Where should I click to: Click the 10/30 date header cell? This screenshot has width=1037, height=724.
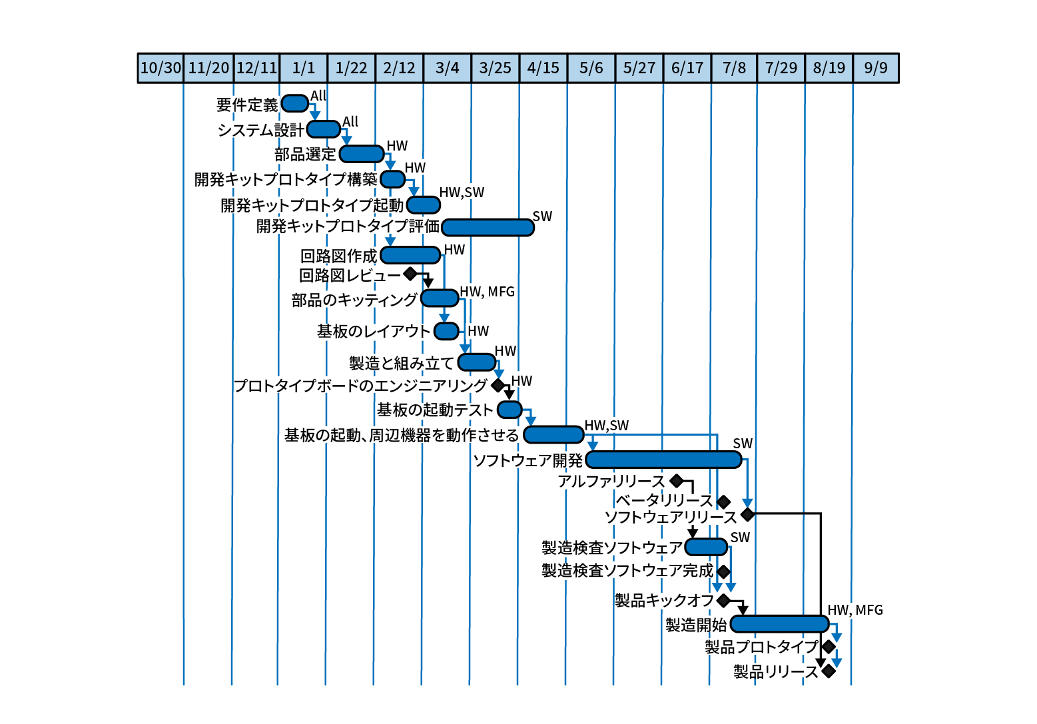coord(161,68)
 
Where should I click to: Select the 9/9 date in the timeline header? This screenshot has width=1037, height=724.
coord(876,68)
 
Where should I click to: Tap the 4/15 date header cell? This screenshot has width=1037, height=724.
coord(543,68)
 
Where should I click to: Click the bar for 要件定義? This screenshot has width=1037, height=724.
coord(295,103)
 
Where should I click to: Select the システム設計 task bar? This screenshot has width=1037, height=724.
coord(324,129)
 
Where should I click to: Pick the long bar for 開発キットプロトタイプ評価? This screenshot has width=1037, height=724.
coord(488,227)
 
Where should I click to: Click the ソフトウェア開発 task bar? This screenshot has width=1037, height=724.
coord(664,460)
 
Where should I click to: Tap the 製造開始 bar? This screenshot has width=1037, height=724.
coord(780,624)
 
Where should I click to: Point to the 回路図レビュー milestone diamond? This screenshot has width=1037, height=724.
coord(410,274)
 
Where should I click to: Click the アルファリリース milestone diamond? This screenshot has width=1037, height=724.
coord(677,481)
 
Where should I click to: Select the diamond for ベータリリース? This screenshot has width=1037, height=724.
coord(724,501)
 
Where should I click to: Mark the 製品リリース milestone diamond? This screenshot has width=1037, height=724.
coord(829,671)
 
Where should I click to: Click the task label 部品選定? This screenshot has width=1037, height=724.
coord(305,155)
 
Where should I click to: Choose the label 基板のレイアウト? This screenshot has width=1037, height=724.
coord(374,331)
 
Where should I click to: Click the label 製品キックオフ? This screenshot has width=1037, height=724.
coord(664,601)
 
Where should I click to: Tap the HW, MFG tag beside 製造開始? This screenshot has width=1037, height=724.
coord(855,610)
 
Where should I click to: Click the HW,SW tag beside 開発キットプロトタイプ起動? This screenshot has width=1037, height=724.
coord(462,192)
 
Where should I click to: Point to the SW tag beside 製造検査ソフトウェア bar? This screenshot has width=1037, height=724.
coord(740,538)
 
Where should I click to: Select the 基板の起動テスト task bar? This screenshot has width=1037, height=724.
coord(510,410)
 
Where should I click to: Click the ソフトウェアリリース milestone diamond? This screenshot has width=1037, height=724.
coord(748,514)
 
